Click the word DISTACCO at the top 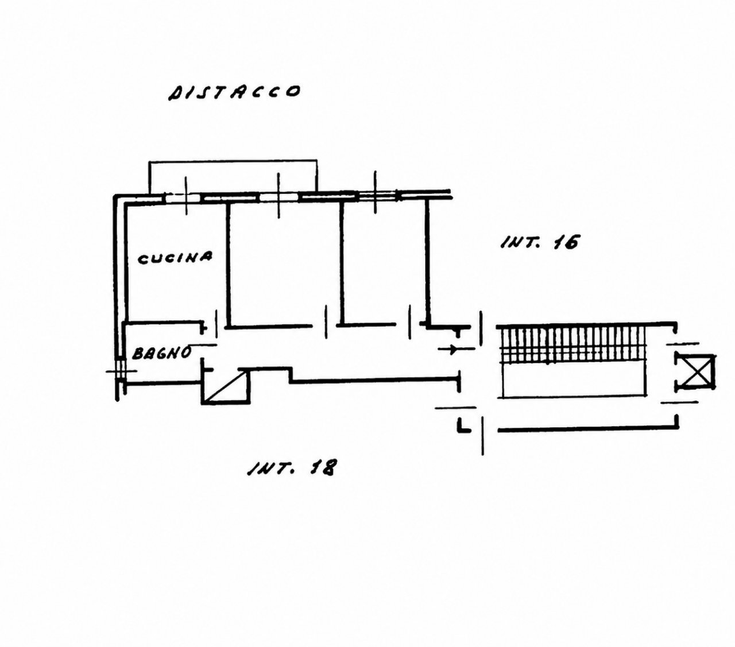[234, 92]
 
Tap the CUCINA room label [175, 258]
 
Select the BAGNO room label [162, 352]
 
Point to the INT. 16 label [539, 242]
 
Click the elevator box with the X [694, 372]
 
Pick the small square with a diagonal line [226, 386]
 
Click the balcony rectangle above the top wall [233, 176]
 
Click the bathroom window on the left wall [121, 371]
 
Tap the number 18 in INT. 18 [323, 467]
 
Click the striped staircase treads [573, 345]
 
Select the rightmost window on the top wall [377, 196]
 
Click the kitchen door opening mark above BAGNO [217, 324]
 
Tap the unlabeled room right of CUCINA [285, 263]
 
